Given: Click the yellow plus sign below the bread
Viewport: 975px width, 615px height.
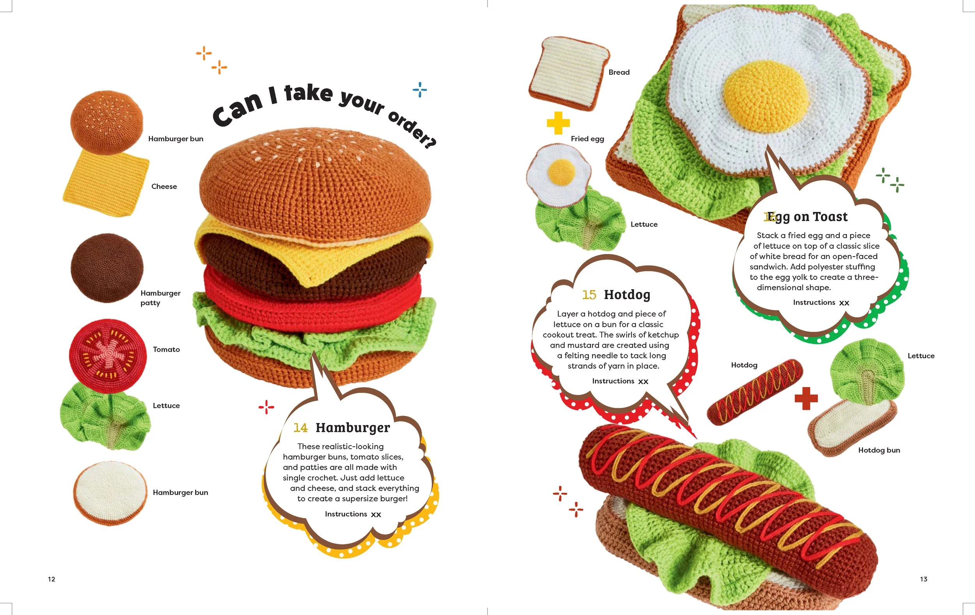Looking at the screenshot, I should [558, 123].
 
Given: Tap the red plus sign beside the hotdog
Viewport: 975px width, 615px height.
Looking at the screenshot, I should [806, 398].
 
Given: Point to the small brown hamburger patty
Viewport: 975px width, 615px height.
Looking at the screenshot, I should [107, 268].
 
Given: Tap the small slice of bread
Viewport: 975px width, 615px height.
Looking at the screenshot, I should [569, 73].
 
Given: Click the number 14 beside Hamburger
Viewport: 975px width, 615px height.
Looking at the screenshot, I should [300, 428].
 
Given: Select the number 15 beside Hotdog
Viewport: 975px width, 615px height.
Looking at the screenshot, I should [589, 295].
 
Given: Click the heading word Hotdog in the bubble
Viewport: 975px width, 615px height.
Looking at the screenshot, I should [627, 295].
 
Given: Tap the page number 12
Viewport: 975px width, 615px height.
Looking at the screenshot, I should [51, 579].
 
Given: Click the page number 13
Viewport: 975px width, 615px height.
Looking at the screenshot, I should [924, 579].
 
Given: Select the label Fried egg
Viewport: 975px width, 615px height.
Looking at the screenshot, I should [587, 139].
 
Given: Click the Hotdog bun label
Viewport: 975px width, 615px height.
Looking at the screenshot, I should [879, 450].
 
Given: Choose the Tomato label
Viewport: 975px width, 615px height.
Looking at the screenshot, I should [166, 349].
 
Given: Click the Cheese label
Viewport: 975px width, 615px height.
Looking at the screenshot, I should [164, 187].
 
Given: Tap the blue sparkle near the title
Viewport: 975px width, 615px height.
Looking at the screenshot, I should [420, 89].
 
